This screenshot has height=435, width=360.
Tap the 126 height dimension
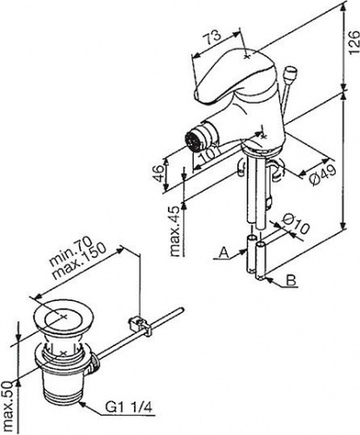pyautogui.click(x=353, y=43)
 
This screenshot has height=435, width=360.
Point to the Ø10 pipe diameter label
pyautogui.click(x=296, y=224)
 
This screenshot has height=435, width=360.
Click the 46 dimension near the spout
pyautogui.click(x=159, y=173)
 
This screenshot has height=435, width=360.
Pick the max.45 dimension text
pyautogui.click(x=176, y=231)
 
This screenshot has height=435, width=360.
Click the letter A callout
pyautogui.click(x=223, y=252)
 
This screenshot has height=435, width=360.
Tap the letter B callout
pyautogui.click(x=291, y=280)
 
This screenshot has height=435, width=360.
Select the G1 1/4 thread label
pyautogui.click(x=129, y=408)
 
